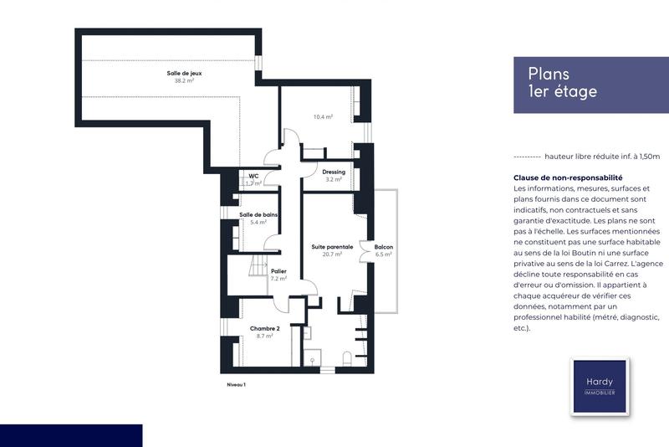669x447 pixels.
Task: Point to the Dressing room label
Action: coord(334,172)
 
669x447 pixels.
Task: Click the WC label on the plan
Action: coord(253,176)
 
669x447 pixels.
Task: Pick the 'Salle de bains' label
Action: coord(258,214)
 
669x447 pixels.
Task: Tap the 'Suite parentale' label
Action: coord(333,247)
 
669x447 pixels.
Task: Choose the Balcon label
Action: coord(385,247)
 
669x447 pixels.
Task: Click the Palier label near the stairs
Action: coord(279,271)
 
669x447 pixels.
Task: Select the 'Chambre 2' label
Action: coord(264,328)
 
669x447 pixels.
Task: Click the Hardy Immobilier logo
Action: coord(599,387)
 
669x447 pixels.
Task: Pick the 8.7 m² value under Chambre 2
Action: coord(264,336)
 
